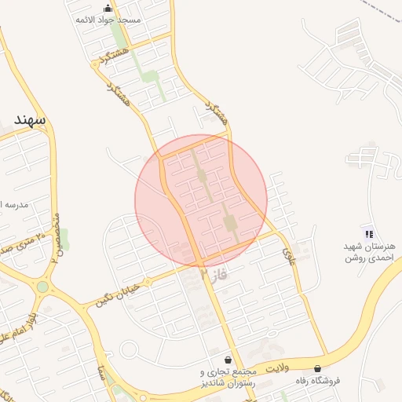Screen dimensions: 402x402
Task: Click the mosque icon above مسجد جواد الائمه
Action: [107, 9]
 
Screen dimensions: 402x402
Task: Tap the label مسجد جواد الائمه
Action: [108, 20]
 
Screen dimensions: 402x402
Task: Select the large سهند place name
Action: [30, 119]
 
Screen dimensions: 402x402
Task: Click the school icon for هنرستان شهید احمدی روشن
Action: [369, 233]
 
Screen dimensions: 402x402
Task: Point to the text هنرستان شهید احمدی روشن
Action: [368, 251]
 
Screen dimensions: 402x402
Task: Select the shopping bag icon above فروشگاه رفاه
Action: [317, 368]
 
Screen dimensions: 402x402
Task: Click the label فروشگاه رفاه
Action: [317, 381]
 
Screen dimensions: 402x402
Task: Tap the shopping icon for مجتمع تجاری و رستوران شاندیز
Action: [228, 359]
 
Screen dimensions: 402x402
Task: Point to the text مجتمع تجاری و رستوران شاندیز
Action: [228, 377]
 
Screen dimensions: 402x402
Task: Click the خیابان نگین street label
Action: [116, 294]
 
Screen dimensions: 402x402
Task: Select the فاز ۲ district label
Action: [213, 275]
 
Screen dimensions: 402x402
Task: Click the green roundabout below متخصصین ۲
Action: [42, 287]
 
